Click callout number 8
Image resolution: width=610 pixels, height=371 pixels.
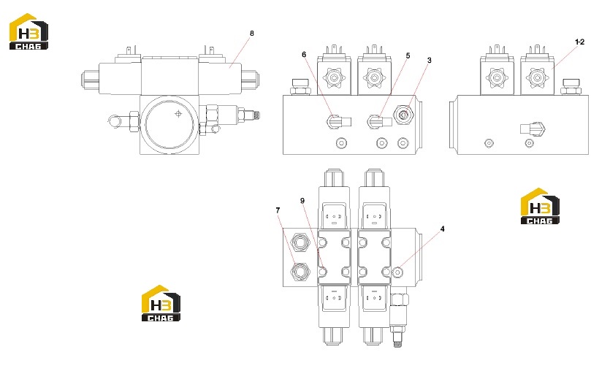tap(252, 34)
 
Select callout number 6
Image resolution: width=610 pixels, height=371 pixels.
tap(304, 55)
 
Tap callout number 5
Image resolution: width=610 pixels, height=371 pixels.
tap(408, 56)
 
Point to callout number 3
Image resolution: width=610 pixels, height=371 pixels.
tap(429, 61)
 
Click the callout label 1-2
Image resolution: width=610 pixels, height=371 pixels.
tap(579, 42)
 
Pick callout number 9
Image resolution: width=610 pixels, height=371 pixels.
tap(302, 201)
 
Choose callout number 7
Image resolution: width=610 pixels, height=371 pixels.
tap(278, 210)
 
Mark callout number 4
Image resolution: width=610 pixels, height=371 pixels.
tap(442, 229)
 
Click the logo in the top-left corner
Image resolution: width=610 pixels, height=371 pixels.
tap(28, 31)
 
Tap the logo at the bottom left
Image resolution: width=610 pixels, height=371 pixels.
tap(161, 303)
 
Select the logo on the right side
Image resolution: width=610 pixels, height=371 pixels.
tap(540, 206)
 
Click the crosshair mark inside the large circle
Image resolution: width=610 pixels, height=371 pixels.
tap(178, 114)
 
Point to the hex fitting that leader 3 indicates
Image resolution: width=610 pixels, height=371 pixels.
tap(403, 115)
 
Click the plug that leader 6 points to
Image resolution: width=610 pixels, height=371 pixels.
tap(339, 122)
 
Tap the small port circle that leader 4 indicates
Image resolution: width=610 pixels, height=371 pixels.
tap(397, 272)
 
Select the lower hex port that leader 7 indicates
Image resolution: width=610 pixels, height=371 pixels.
tap(300, 271)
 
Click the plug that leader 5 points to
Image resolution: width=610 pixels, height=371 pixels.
tap(379, 122)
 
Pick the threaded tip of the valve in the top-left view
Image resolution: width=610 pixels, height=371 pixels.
tap(256, 115)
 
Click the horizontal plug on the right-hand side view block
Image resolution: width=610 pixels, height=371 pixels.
tap(533, 129)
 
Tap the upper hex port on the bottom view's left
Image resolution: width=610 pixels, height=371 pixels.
tap(300, 242)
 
